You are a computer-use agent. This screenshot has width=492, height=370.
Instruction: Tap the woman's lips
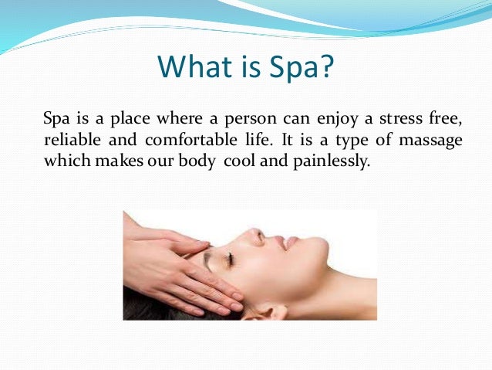(x=288, y=242)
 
